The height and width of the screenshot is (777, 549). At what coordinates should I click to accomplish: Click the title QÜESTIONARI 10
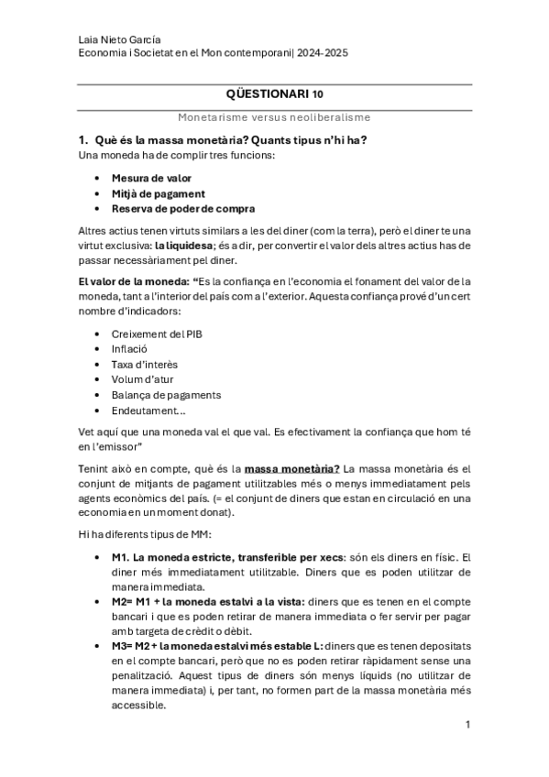[x=274, y=93]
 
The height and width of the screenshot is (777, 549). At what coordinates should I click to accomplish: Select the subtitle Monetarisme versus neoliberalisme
[x=274, y=117]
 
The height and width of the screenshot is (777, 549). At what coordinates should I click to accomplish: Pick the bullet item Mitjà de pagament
[x=158, y=193]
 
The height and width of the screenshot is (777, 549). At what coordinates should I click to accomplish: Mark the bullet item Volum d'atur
[x=142, y=379]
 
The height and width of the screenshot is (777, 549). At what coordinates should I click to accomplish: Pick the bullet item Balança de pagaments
[x=166, y=395]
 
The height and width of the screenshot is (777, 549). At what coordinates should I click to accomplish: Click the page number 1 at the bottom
[x=467, y=724]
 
